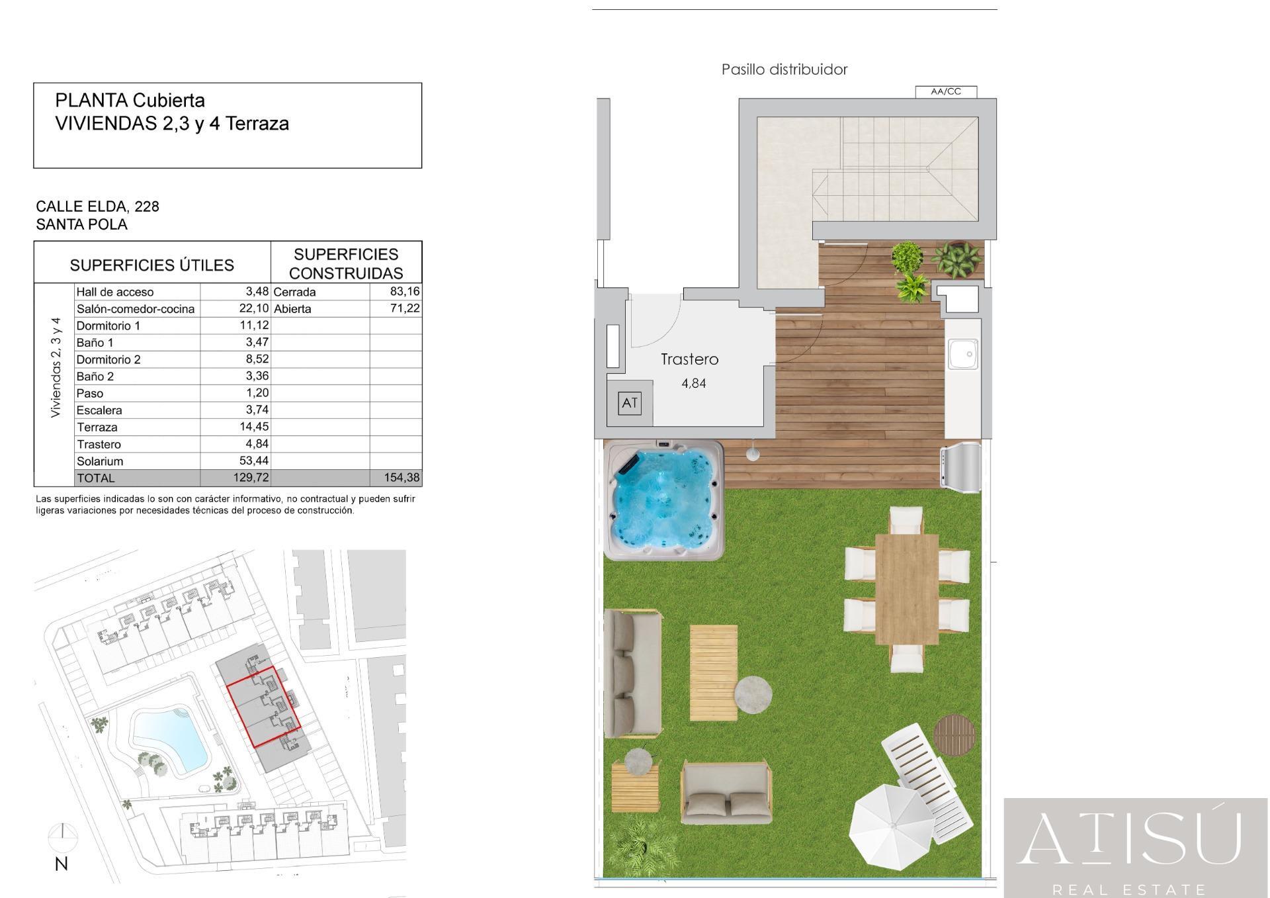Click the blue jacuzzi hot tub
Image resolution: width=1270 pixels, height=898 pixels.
(x=664, y=500)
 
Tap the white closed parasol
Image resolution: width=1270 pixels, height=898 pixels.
(x=893, y=827)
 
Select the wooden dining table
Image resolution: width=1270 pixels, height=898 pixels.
(x=907, y=589)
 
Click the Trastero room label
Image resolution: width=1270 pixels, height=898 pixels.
(x=689, y=359)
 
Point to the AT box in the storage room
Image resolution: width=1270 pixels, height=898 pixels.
(x=630, y=402)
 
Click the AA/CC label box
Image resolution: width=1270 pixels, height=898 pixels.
(x=946, y=92)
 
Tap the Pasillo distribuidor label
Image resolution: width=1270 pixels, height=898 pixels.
(x=784, y=69)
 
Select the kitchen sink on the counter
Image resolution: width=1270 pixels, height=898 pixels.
(x=962, y=354)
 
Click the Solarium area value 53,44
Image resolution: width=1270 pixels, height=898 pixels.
(x=254, y=461)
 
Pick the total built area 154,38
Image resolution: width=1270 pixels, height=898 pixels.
(x=402, y=478)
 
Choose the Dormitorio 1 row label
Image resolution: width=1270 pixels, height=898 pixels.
(x=108, y=326)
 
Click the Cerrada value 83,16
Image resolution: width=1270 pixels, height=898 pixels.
(x=405, y=291)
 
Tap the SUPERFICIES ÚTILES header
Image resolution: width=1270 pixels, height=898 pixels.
(x=152, y=265)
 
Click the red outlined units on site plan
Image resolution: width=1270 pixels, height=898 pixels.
(x=264, y=707)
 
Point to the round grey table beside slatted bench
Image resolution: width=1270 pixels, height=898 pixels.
(x=753, y=695)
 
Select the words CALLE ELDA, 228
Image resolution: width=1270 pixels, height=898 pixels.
(x=98, y=206)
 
